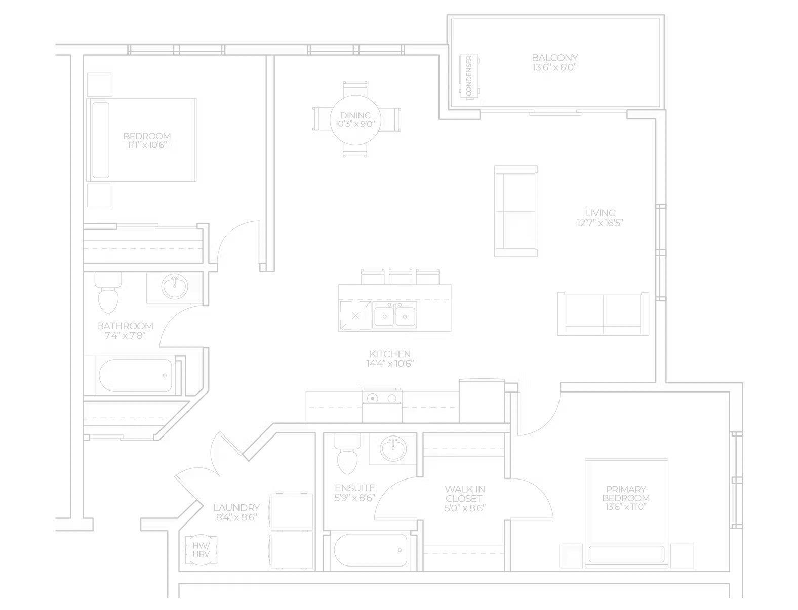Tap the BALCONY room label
point(554,57)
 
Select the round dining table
point(355,120)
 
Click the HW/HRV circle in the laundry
point(201,550)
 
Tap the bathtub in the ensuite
point(370,550)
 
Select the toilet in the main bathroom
point(108,293)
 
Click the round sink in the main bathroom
point(175,286)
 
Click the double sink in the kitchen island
point(394,317)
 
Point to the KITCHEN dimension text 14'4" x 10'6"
point(390,364)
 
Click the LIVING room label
point(600,213)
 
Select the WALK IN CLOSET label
point(465,494)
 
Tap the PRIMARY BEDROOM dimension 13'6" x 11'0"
point(626,507)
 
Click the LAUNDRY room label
point(236,507)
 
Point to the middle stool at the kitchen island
point(401,277)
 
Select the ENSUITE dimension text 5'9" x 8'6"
point(355,497)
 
